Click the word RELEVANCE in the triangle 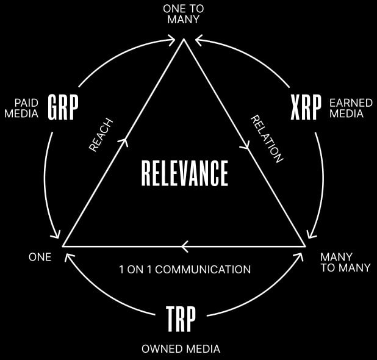tap(184, 173)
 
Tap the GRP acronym tap(63, 107)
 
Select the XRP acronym tap(306, 107)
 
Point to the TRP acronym tap(181, 319)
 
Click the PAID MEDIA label tap(21, 108)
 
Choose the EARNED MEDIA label tap(351, 108)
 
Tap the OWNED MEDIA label tap(181, 348)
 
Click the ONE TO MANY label tap(184, 14)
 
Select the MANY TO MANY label tap(345, 262)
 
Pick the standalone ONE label tap(40, 257)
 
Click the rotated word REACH tap(101, 135)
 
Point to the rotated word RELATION tap(267, 139)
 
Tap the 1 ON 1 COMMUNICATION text tap(185, 269)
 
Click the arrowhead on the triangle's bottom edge tap(184, 247)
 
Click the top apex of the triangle tap(184, 39)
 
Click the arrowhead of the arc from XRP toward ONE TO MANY tap(198, 40)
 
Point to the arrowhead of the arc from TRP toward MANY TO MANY tap(299, 256)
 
